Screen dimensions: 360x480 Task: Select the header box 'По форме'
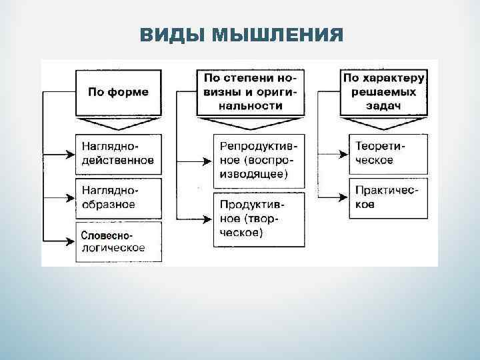coord(118,91)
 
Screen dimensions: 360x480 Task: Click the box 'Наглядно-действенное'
coord(118,153)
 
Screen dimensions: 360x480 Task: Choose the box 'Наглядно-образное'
coord(118,197)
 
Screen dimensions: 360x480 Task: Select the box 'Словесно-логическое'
coord(118,241)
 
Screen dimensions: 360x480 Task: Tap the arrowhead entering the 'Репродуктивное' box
coord(207,161)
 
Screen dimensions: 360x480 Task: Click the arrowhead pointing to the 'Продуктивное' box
coord(207,218)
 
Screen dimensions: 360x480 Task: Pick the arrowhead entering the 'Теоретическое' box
coord(343,153)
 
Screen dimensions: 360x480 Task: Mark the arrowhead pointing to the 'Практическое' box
coord(343,197)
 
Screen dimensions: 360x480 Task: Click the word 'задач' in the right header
coord(385,106)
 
